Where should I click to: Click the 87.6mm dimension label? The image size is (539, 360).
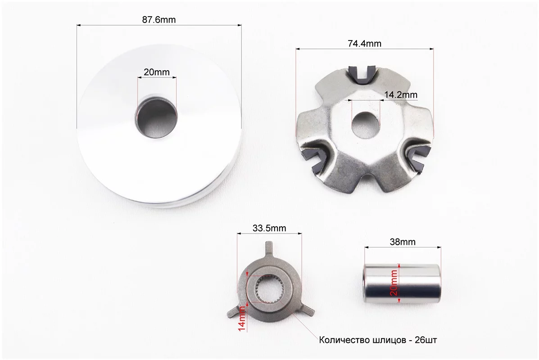pos(159,20)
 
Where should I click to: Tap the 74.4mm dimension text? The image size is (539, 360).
pos(364,44)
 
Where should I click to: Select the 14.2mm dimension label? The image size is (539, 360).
pos(400,94)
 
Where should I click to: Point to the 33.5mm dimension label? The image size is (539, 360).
pos(269,228)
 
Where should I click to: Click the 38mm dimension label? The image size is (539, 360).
pos(403,242)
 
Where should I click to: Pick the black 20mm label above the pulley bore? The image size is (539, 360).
pos(156,72)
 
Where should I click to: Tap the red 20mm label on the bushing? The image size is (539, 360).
pos(394,283)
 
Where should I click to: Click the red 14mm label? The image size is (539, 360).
pos(242,319)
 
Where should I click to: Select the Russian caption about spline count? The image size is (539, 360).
pos(378,340)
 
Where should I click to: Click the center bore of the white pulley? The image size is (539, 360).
pos(157,118)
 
